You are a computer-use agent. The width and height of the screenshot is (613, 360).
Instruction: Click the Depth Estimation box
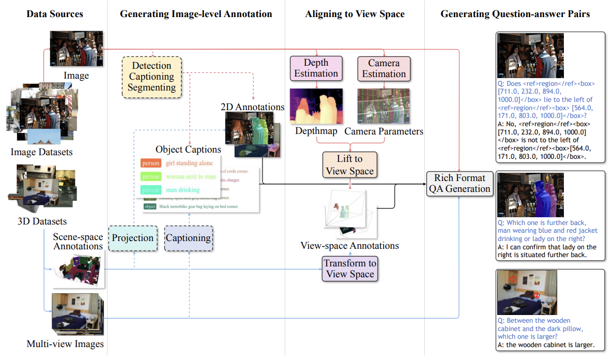tap(316, 68)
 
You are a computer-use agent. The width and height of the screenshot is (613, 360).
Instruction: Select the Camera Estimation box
tap(384, 68)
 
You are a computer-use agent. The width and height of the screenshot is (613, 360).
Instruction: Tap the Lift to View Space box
tap(350, 164)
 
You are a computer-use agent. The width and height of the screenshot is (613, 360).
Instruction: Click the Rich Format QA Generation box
tap(459, 183)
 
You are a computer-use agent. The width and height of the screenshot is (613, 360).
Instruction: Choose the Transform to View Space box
tap(350, 268)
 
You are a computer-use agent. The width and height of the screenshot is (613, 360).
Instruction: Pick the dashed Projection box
tap(133, 238)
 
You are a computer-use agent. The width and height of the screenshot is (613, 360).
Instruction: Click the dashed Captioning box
tap(188, 238)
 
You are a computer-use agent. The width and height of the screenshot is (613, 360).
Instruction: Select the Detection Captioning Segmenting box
tap(151, 77)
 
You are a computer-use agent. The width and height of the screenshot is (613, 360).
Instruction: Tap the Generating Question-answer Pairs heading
tap(515, 14)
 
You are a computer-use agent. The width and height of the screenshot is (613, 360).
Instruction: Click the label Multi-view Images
tap(65, 344)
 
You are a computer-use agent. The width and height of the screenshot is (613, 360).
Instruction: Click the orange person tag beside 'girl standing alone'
tap(151, 163)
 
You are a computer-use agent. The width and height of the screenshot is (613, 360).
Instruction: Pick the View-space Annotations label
tap(350, 246)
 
